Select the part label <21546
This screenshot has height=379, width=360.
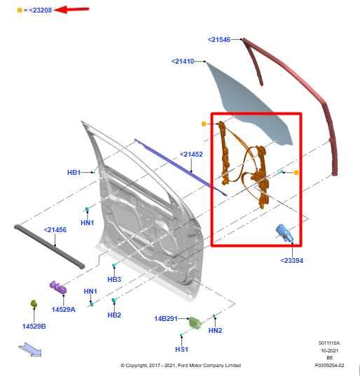coord(219,40)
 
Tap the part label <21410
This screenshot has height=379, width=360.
coord(182,62)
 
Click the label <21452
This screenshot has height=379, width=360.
coord(191,154)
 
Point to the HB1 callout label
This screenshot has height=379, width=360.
coord(74,172)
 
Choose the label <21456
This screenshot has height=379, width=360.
coord(55,229)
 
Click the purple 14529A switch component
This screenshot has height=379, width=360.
coord(57,288)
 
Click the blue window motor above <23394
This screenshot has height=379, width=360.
coord(286,234)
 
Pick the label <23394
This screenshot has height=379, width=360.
coord(291,261)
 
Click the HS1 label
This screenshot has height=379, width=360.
coord(181,349)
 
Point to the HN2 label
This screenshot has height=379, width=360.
coord(215,331)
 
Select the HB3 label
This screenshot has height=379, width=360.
coord(114,279)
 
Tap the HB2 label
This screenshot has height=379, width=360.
coord(114,315)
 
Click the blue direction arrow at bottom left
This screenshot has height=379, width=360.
coord(30,348)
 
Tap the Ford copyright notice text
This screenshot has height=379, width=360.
coord(180,365)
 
